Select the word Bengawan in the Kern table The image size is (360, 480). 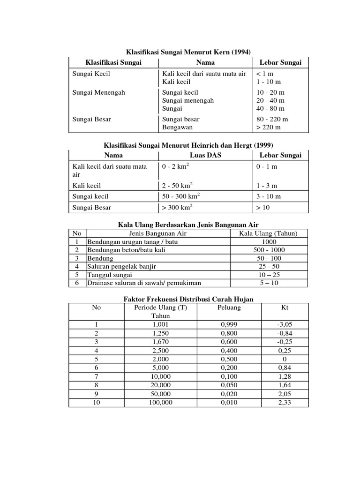coord(177,127)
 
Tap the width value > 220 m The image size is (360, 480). coord(269,127)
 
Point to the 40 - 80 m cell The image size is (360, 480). coord(270,108)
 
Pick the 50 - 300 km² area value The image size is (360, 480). coord(180,196)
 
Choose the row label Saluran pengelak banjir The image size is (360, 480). coord(121,266)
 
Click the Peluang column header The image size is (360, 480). coord(229,307)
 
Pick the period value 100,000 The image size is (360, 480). coord(160,403)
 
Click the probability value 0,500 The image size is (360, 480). coord(229,359)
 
